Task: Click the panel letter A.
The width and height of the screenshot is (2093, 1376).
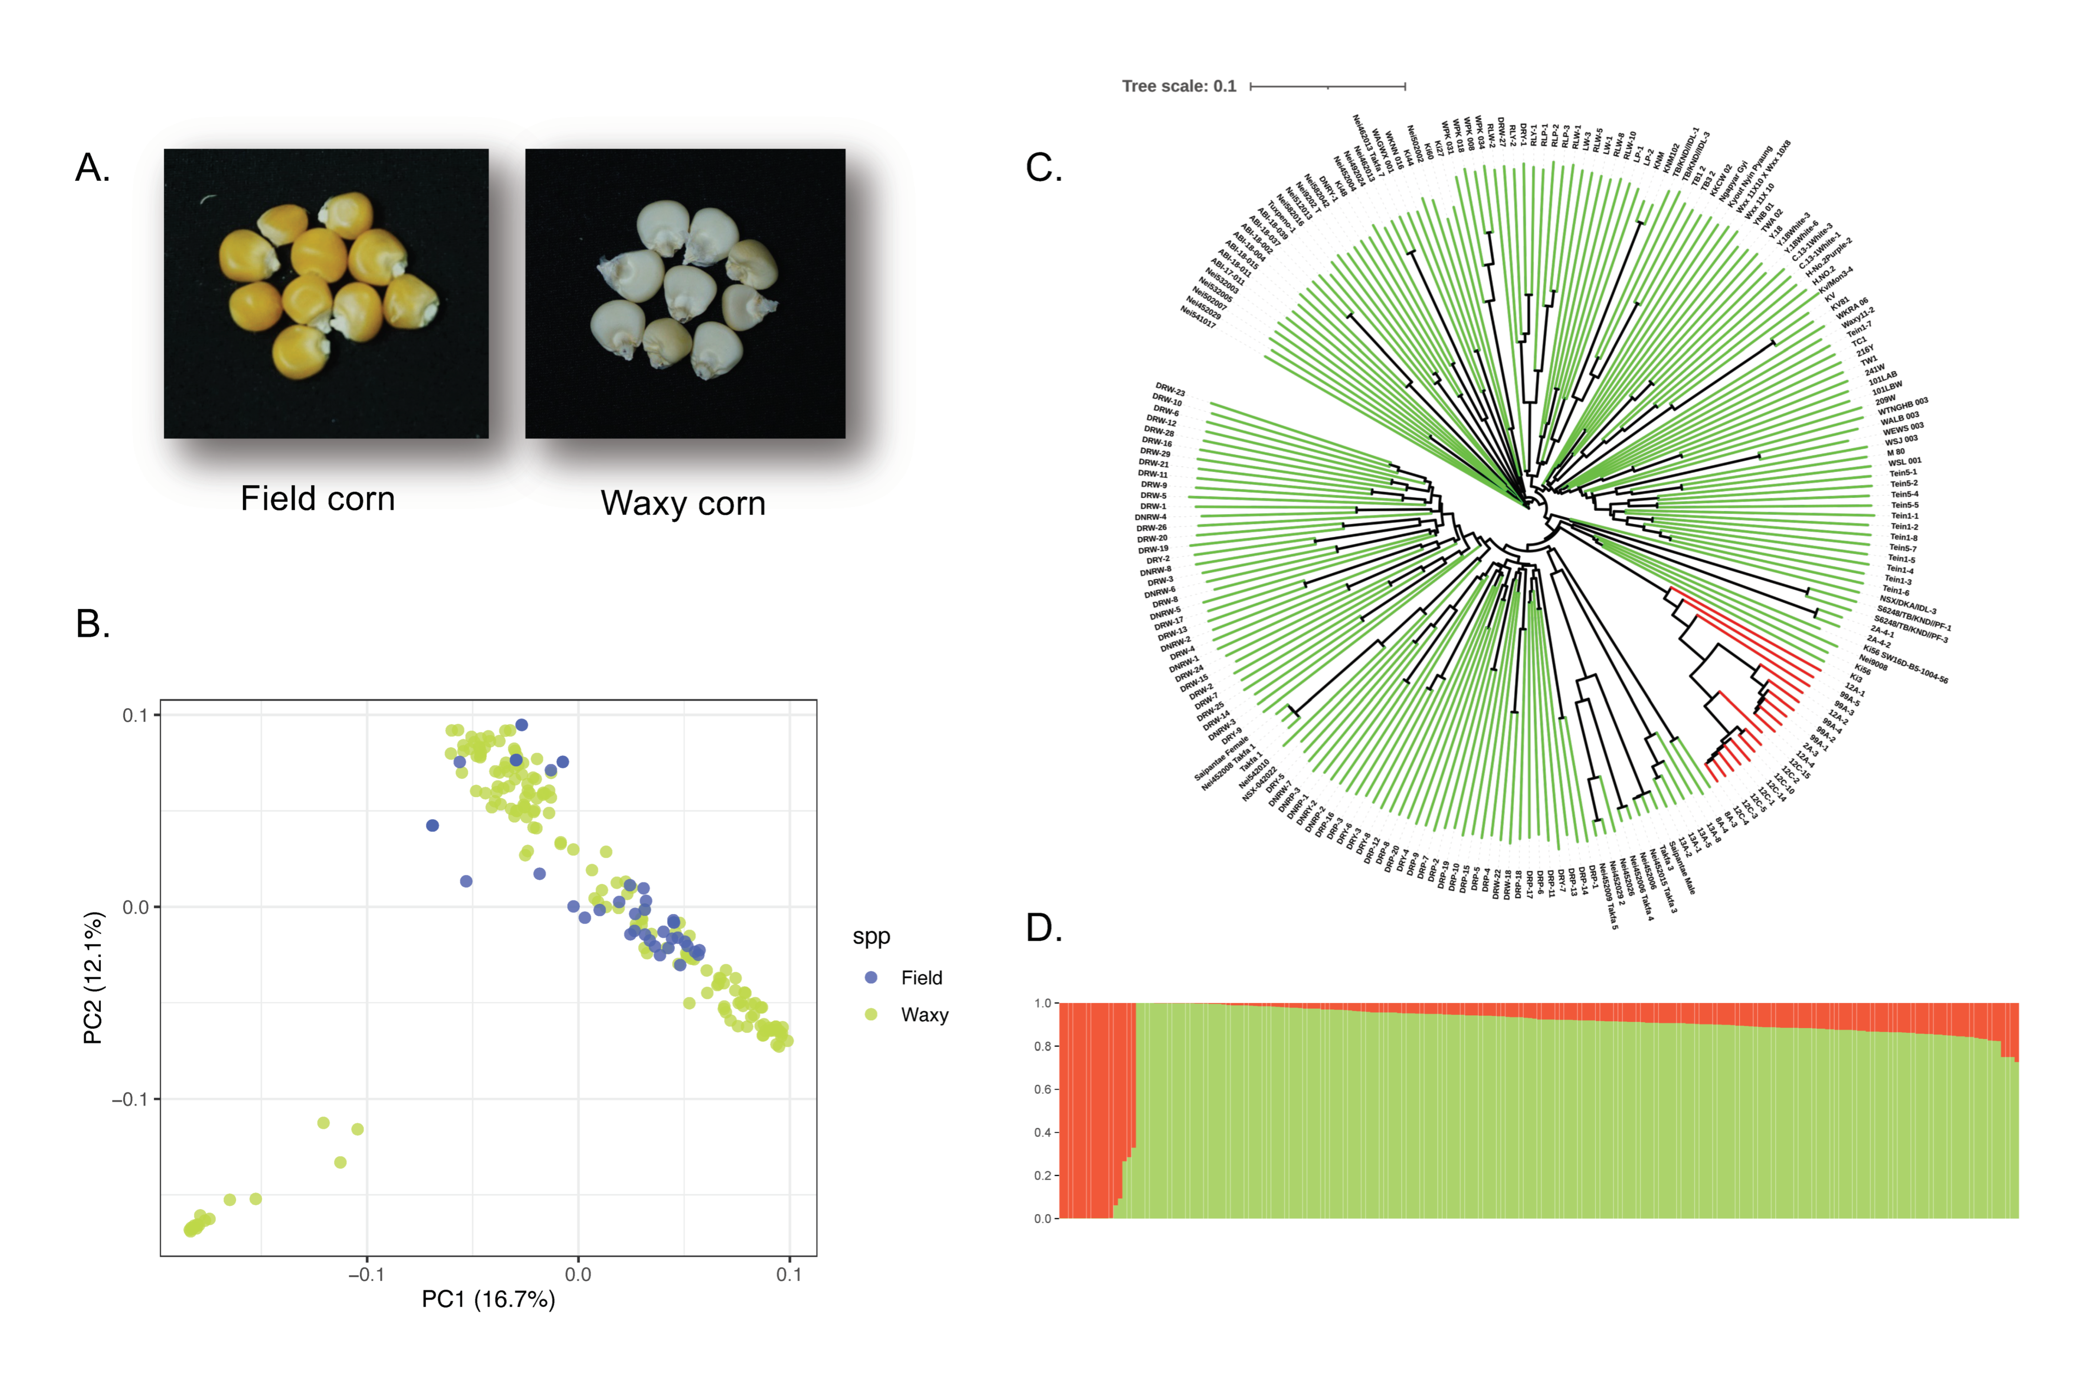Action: click(x=92, y=167)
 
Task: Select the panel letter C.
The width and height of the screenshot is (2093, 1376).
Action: click(x=1044, y=167)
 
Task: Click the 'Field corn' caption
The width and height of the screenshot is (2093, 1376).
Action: click(x=317, y=498)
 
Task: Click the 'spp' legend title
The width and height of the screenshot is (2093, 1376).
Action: click(x=871, y=936)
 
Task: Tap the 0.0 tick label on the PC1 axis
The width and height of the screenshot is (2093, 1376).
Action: click(x=578, y=1274)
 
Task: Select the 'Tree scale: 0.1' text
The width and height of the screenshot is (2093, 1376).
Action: click(x=1178, y=86)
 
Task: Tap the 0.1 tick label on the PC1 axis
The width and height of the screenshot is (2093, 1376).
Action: click(x=789, y=1274)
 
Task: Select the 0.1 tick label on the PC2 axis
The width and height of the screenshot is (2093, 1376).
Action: click(x=135, y=715)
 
